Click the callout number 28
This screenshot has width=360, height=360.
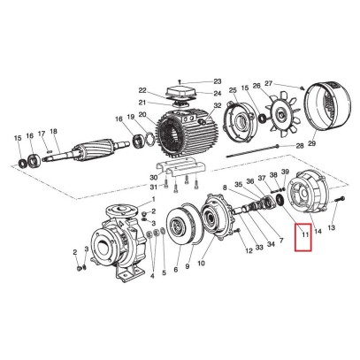299,144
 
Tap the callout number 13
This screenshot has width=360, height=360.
332,228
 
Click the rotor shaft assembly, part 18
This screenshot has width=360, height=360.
80,149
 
